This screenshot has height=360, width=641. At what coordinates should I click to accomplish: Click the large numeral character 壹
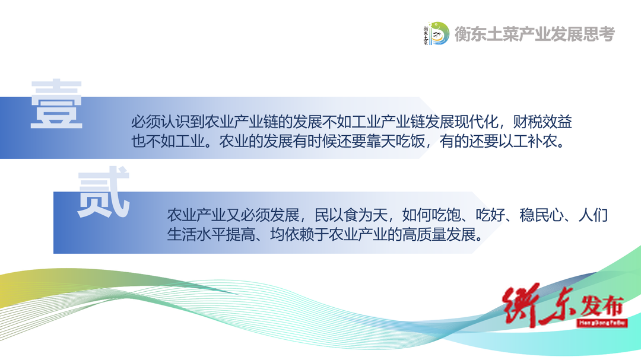[x=56, y=104]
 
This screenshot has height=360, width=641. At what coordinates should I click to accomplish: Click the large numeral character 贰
[x=103, y=192]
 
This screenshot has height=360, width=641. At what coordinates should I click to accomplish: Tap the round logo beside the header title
[x=436, y=33]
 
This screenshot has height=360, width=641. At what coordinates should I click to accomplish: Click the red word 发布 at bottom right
[x=602, y=306]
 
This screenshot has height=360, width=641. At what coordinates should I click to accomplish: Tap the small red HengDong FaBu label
[x=602, y=323]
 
